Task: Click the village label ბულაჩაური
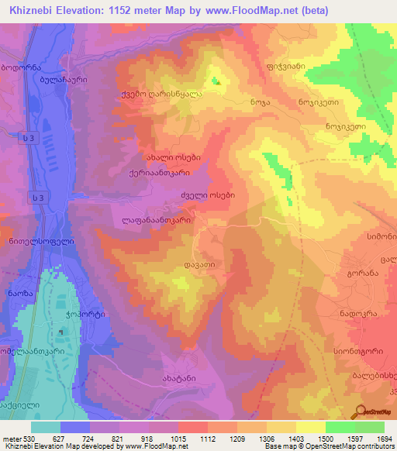(69, 79)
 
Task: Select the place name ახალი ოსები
(170, 157)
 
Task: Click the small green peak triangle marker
(217, 82)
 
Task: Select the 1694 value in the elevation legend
(385, 438)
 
